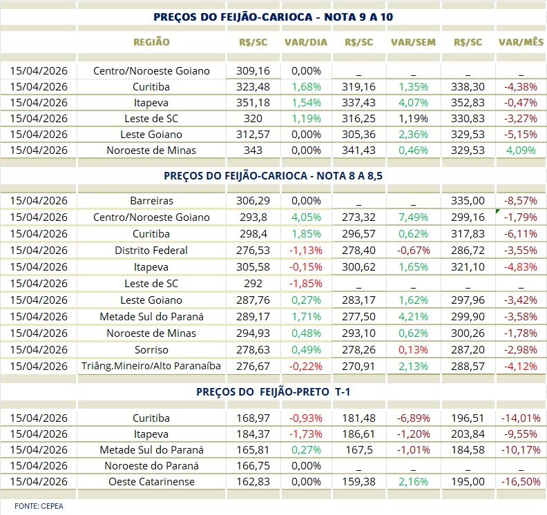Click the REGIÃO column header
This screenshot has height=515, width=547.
pos(151,41)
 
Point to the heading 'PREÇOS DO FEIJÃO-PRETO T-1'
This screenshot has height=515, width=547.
pos(273,391)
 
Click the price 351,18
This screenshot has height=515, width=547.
pos(252,102)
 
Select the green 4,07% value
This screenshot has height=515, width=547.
pos(413,102)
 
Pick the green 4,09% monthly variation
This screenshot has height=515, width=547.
pos(520,150)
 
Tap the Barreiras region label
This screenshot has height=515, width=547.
pos(151,201)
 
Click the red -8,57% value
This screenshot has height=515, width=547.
pos(520,201)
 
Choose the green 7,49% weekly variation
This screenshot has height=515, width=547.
pos(413,217)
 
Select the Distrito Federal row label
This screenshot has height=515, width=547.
pos(151,250)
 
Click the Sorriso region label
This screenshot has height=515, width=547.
pos(151,349)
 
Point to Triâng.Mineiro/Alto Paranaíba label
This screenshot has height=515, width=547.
pos(151,366)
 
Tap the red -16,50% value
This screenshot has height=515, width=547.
pos(520,482)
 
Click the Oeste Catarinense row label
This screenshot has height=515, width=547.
pos(151,482)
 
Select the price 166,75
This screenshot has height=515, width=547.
pos(252,465)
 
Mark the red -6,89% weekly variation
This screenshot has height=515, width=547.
pos(413,418)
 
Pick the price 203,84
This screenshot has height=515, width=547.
pos(469,434)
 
